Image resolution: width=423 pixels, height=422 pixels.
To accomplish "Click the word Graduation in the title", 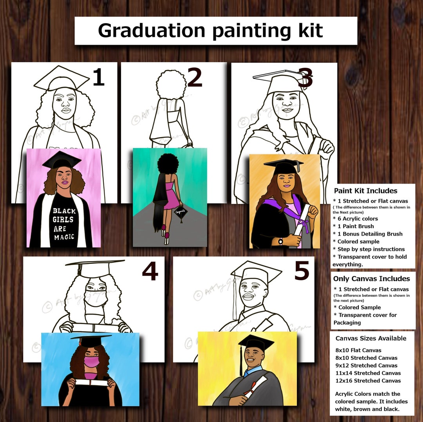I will coord(152,31).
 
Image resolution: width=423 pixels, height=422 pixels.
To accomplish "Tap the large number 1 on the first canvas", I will coord(98,77).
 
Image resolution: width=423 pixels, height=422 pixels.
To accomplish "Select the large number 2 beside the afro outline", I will coord(195,78).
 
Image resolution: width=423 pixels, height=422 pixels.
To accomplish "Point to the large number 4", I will coord(150,271).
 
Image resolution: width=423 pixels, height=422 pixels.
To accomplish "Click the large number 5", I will coord(302,271).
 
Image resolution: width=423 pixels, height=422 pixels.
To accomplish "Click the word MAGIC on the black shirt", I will coord(64,237).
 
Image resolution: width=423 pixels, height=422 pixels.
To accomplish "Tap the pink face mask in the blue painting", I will coord(90,362).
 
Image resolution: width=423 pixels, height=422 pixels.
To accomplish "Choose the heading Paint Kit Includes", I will coord(365,191).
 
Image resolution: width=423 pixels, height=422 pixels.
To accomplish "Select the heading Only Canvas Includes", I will coord(371,279).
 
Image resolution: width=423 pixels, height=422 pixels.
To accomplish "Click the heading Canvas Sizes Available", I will coord(371,338).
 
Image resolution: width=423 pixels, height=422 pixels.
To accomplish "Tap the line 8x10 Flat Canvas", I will coord(358,350).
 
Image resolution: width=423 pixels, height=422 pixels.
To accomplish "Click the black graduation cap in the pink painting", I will coord(61,160).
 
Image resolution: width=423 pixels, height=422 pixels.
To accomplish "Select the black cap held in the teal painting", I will coord(181,213).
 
